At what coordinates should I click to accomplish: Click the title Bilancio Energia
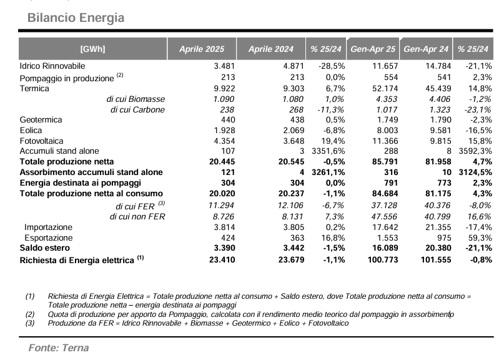click(76, 18)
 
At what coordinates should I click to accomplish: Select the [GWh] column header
click(92, 49)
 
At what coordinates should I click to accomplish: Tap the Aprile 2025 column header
click(202, 49)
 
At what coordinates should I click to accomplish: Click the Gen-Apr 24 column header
click(426, 49)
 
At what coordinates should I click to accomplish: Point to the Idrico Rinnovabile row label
click(52, 66)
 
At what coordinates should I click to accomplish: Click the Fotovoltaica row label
click(41, 141)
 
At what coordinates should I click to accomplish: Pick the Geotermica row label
click(41, 120)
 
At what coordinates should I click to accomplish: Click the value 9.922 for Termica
click(224, 88)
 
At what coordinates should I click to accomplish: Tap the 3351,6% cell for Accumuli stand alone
click(328, 151)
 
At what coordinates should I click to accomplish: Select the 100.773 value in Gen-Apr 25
click(383, 259)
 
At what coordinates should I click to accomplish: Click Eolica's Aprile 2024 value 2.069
click(294, 130)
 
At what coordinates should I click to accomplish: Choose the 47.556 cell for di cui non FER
click(384, 217)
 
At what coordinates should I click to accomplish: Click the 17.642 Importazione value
click(385, 227)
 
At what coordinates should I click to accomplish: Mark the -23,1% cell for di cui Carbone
click(478, 109)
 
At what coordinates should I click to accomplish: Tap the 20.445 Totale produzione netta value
click(222, 161)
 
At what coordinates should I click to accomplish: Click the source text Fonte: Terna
click(59, 347)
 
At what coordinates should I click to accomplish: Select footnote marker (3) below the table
click(30, 323)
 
